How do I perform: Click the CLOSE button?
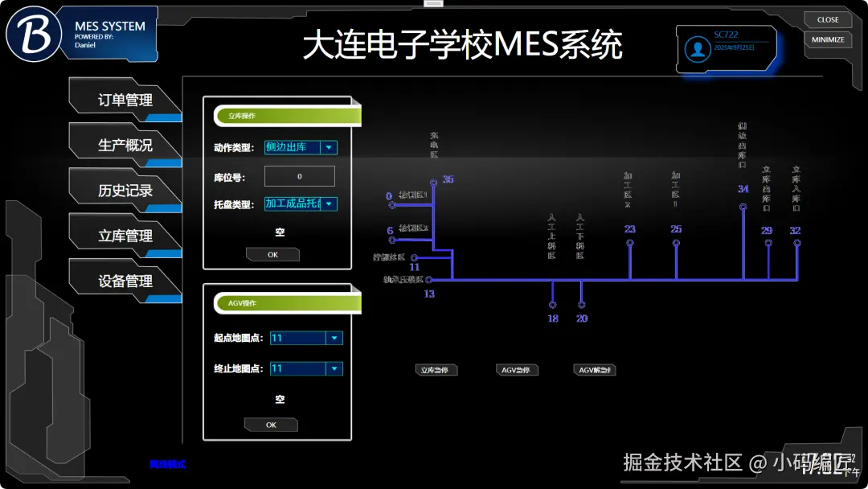(828, 20)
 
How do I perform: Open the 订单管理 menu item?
(125, 101)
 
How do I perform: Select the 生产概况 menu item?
(125, 146)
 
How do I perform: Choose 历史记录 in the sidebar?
(125, 191)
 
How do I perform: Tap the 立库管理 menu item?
(125, 236)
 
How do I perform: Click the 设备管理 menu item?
(125, 281)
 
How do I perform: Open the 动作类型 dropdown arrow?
(329, 148)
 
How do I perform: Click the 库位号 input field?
(299, 176)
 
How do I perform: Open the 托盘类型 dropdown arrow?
(329, 204)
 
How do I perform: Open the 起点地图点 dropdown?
(334, 339)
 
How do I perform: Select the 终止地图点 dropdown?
(334, 369)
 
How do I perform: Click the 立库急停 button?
(436, 370)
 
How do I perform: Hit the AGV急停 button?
(517, 370)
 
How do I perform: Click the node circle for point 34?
(743, 207)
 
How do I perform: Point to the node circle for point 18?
(552, 305)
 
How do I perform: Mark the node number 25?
(676, 229)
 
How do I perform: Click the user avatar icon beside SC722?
(697, 49)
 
